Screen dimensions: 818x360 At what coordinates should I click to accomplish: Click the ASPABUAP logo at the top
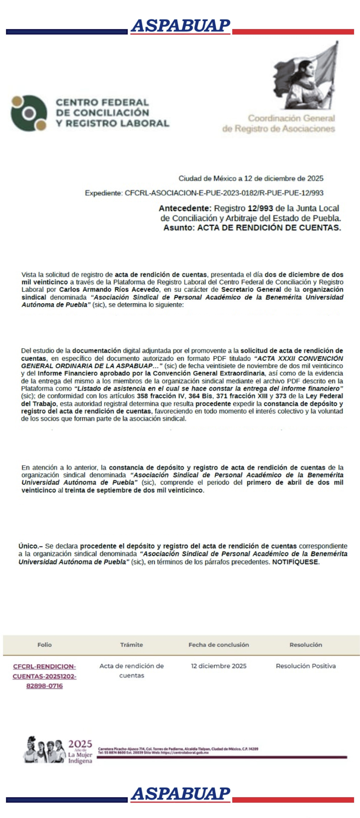(x=180, y=26)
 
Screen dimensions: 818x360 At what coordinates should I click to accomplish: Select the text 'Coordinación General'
(x=291, y=118)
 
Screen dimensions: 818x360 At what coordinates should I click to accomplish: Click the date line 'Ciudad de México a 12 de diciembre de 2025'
(x=251, y=178)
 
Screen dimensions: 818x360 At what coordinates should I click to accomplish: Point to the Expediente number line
(x=204, y=193)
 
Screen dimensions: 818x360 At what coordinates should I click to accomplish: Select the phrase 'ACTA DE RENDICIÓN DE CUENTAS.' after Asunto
(x=269, y=228)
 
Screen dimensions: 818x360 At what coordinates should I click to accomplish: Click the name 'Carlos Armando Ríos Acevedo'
(x=109, y=290)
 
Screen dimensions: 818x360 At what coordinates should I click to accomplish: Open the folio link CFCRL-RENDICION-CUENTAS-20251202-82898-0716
(x=44, y=676)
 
